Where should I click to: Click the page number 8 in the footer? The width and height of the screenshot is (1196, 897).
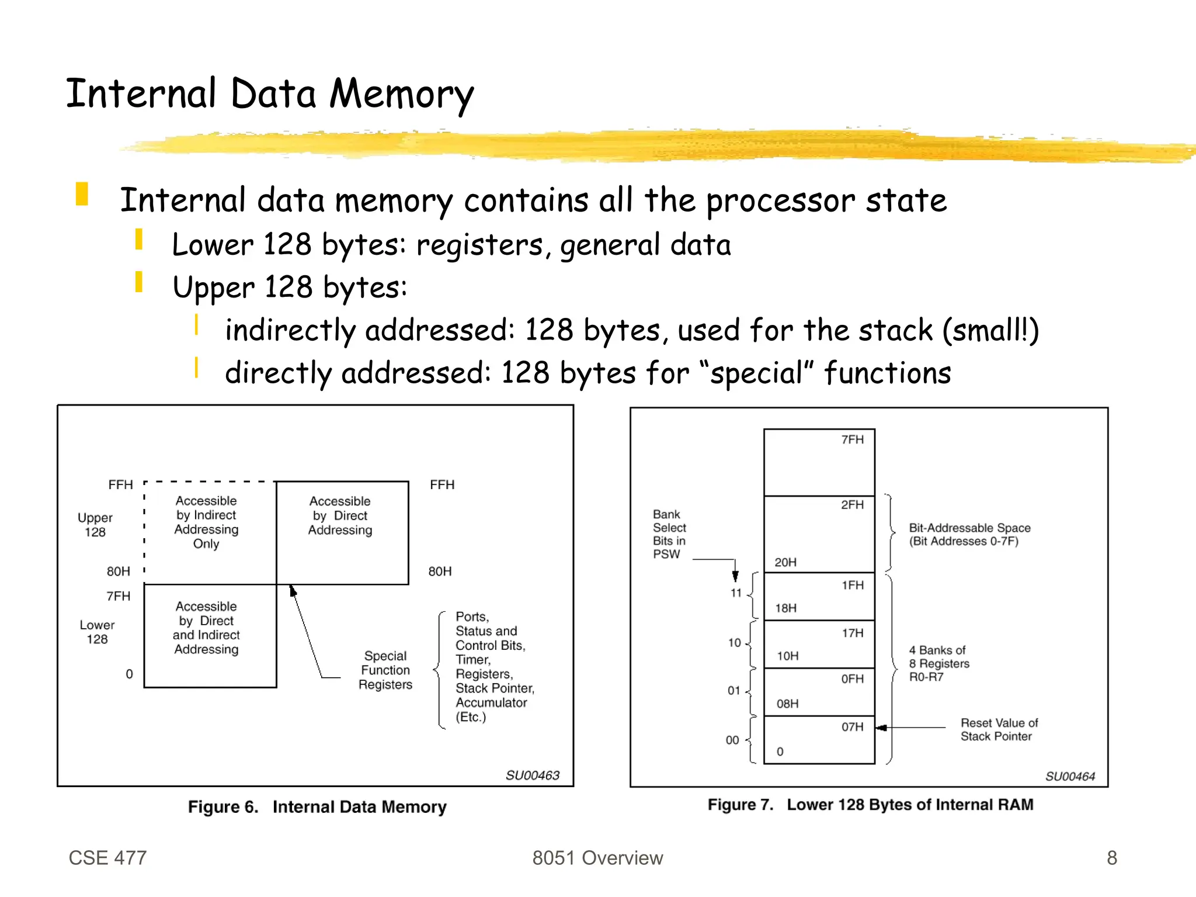(x=1111, y=857)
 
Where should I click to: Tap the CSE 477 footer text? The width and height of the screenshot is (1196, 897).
(x=107, y=857)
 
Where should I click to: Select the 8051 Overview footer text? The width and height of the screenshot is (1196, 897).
(x=597, y=857)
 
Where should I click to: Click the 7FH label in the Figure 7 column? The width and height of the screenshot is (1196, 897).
(x=852, y=439)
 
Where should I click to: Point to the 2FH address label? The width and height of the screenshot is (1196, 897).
(x=852, y=504)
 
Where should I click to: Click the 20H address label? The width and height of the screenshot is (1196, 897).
(x=785, y=562)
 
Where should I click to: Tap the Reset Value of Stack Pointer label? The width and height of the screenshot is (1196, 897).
(x=999, y=729)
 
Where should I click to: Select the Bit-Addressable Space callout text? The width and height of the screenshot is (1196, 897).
(x=969, y=534)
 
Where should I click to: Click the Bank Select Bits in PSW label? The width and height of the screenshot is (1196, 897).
(x=669, y=534)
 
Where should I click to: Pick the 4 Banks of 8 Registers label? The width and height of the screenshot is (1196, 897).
(x=938, y=663)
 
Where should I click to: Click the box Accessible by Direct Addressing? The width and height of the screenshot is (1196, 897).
(x=340, y=516)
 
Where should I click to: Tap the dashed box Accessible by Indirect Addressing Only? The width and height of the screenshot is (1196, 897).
(x=207, y=522)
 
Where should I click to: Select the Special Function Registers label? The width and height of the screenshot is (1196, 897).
(x=385, y=670)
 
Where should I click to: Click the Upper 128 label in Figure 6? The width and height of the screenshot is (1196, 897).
(x=95, y=525)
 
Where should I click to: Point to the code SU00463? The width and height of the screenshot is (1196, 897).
(x=532, y=775)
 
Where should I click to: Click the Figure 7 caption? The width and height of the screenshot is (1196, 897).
(x=870, y=805)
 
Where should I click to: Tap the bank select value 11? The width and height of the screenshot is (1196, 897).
(x=736, y=593)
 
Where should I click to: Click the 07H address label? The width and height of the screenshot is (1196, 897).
(x=852, y=727)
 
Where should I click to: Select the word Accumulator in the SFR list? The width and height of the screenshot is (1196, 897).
(x=491, y=702)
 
